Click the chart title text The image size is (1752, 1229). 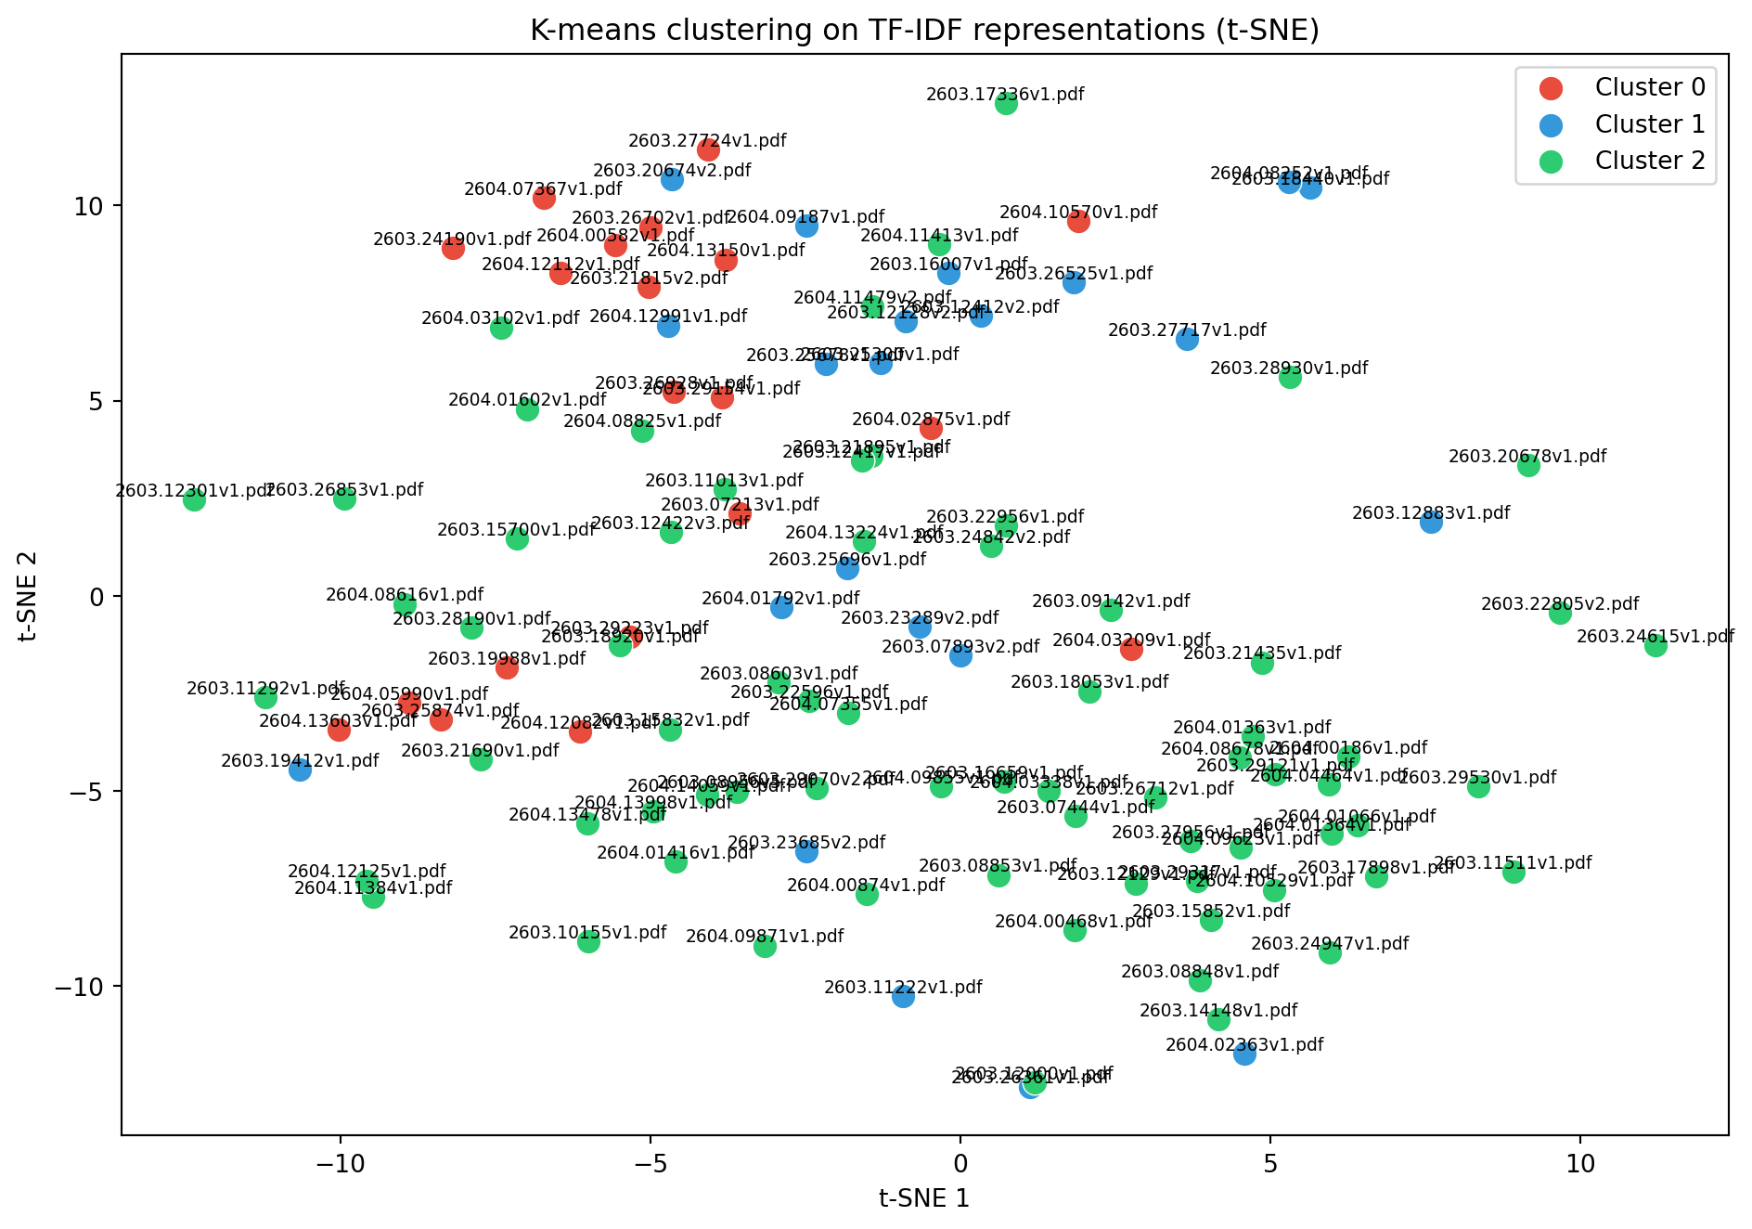pyautogui.click(x=924, y=31)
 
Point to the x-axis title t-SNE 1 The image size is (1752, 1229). pyautogui.click(x=924, y=1198)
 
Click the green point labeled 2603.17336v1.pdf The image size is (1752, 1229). pyautogui.click(x=1006, y=103)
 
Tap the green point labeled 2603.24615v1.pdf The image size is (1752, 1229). pyautogui.click(x=1655, y=645)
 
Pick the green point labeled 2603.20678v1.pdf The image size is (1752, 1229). pyautogui.click(x=1528, y=465)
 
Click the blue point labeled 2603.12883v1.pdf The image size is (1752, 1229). pyautogui.click(x=1431, y=522)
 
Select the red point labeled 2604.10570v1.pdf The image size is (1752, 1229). pyautogui.click(x=1078, y=221)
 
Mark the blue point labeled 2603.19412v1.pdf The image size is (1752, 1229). pyautogui.click(x=300, y=770)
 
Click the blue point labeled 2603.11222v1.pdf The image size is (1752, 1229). pyautogui.click(x=903, y=996)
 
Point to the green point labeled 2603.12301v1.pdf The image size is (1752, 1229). pyautogui.click(x=194, y=499)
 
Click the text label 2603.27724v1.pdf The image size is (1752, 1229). pyautogui.click(x=707, y=141)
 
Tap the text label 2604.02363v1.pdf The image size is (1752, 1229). pyautogui.click(x=1244, y=1045)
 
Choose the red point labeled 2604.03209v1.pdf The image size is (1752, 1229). pyautogui.click(x=1131, y=649)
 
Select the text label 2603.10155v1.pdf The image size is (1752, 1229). pyautogui.click(x=587, y=932)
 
